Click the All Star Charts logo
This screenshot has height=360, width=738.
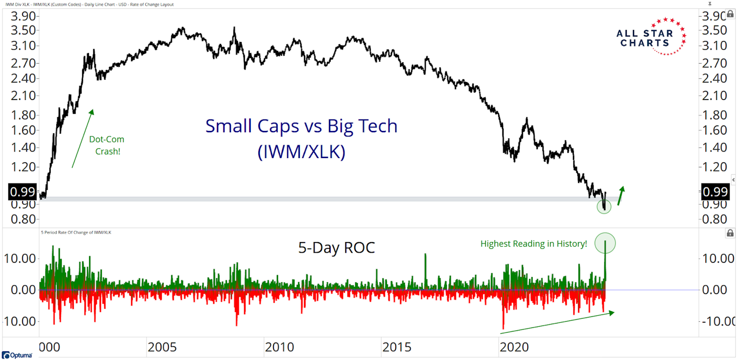coord(650,37)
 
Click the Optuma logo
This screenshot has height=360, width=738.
coord(17,355)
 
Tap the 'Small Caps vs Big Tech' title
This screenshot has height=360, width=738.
coord(301,126)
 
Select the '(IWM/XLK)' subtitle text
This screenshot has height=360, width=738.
coord(301,151)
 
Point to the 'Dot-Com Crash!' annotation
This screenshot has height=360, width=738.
coord(107,145)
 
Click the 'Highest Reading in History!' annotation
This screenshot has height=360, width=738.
coord(533,244)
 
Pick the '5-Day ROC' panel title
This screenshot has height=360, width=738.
coord(336,248)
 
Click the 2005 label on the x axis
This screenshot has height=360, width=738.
coord(162,347)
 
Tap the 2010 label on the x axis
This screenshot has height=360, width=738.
coord(279,347)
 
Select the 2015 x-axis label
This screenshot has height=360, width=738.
coord(397,347)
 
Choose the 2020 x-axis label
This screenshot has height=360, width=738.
coord(514,347)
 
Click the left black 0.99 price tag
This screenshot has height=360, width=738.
coord(23,192)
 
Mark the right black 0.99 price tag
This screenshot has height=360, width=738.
coord(715,192)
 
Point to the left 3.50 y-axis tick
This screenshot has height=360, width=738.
coord(23,30)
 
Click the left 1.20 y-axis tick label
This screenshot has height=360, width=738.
coord(23,167)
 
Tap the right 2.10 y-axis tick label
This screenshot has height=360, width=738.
coord(715,96)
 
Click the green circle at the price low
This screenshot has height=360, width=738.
coord(604,206)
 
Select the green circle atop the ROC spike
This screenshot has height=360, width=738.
coord(605,243)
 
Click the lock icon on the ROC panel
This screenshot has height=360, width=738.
coord(730,233)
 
